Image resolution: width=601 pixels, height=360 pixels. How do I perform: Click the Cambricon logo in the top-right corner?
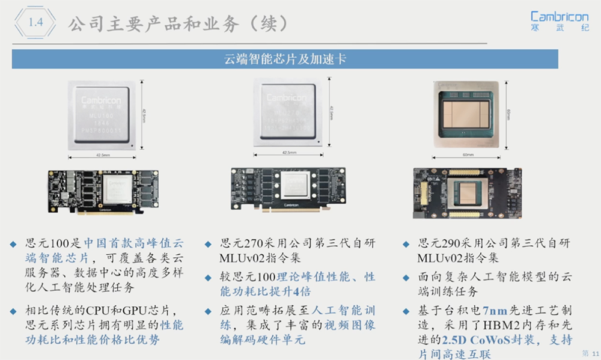point(560,20)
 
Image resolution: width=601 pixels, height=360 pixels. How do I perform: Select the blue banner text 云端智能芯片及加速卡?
point(285,59)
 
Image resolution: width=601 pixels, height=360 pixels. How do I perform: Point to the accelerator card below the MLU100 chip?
point(105,192)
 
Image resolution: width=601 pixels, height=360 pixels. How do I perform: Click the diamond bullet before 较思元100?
point(207,278)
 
